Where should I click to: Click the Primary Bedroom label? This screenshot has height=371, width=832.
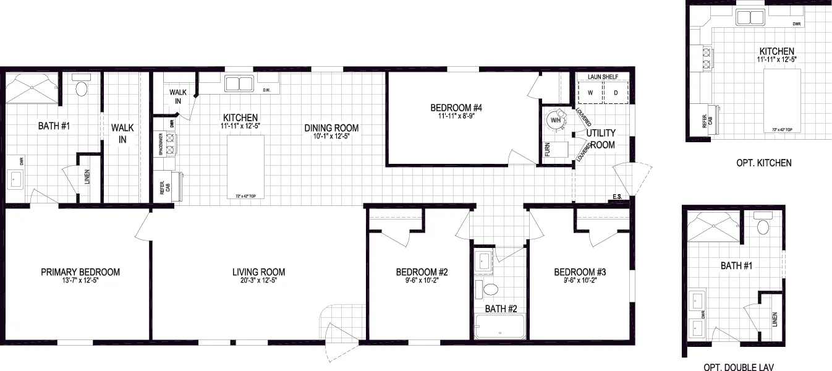80,272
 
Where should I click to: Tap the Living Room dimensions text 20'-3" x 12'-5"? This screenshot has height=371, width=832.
258,281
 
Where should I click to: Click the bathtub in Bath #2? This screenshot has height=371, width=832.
499,326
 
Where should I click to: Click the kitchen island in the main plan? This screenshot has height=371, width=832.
246,164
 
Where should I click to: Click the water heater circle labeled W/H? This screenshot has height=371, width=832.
556,120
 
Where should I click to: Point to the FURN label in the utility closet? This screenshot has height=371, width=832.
547,149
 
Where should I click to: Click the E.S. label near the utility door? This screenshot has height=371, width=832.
617,197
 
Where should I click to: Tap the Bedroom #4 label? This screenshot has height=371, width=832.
456,108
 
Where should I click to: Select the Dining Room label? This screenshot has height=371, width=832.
331,128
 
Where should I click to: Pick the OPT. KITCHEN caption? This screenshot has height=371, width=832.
763,163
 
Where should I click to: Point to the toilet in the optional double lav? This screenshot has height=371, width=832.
764,226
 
